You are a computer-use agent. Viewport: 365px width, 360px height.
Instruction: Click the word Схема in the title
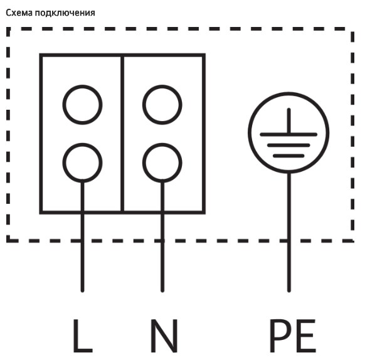[x=19, y=13]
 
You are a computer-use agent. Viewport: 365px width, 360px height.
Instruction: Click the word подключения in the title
[x=65, y=13]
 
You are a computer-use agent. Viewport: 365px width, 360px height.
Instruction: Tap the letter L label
[x=83, y=336]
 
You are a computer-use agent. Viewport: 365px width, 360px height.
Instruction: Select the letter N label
[x=164, y=336]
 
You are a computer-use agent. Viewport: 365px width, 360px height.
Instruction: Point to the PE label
[x=293, y=336]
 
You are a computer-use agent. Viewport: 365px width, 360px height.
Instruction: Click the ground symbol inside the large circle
[x=288, y=134]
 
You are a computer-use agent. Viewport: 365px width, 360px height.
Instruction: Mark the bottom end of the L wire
[x=82, y=290]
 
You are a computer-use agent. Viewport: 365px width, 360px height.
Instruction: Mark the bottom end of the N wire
[x=162, y=290]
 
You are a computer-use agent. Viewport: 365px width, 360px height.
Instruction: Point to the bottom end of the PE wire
[x=289, y=290]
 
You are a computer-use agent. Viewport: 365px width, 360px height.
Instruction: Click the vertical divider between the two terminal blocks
[x=122, y=134]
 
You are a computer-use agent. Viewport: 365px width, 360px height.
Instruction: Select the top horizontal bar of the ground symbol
[x=288, y=134]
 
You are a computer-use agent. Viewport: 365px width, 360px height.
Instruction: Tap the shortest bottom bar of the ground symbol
[x=288, y=156]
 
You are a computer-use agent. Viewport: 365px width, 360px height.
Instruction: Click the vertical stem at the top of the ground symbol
[x=289, y=121]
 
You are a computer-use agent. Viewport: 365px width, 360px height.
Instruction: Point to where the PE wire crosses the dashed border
[x=289, y=241]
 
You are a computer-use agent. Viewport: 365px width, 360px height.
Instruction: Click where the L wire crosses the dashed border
[x=82, y=241]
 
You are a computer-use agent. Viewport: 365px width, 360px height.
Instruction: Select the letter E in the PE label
[x=306, y=336]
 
